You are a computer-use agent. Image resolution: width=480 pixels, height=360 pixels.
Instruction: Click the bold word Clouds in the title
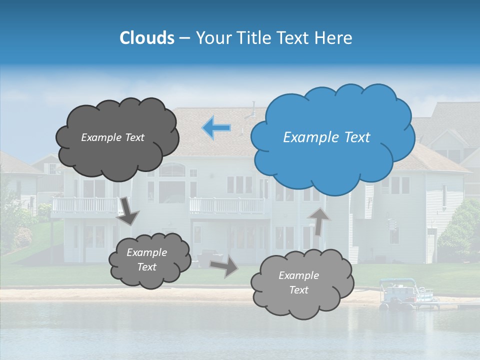(147, 38)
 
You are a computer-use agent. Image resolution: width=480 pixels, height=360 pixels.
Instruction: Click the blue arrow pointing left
(216, 127)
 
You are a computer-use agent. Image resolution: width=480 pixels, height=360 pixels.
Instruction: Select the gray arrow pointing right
(224, 266)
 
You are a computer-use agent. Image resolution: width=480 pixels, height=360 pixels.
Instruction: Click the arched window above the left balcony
(172, 170)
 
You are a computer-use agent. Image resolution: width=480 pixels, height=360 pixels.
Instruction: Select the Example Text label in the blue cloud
(326, 137)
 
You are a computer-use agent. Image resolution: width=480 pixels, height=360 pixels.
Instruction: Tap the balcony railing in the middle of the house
(227, 205)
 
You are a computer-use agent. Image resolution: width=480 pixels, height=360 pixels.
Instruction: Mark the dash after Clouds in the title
(184, 38)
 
